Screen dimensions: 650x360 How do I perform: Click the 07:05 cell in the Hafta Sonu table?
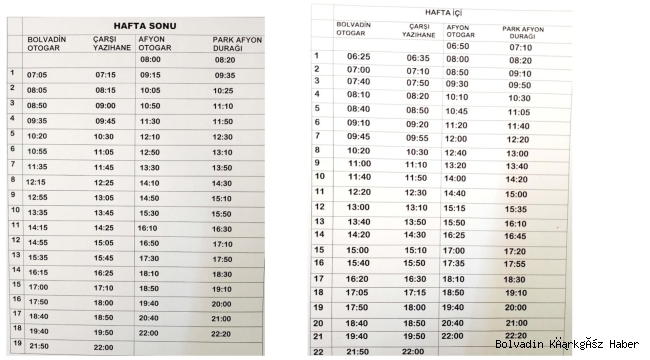[x=37, y=75]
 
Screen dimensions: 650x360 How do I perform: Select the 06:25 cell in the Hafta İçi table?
[x=359, y=57]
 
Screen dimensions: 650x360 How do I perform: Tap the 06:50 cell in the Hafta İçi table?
[x=457, y=46]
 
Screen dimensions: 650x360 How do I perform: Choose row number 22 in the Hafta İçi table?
[x=319, y=351]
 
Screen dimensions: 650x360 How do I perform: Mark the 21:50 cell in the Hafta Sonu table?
[x=38, y=345]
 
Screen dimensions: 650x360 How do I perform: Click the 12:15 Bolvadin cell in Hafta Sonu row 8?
[x=37, y=182]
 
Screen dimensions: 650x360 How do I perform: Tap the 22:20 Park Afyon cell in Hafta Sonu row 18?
[x=222, y=334]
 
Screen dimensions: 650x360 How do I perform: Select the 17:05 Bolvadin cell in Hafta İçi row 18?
[x=358, y=293]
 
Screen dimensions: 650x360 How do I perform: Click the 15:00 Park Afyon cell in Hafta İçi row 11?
[x=516, y=194]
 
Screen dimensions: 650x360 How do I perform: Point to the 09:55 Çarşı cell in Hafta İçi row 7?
[x=417, y=138]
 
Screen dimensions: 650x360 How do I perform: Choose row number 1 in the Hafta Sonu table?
[x=11, y=73]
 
